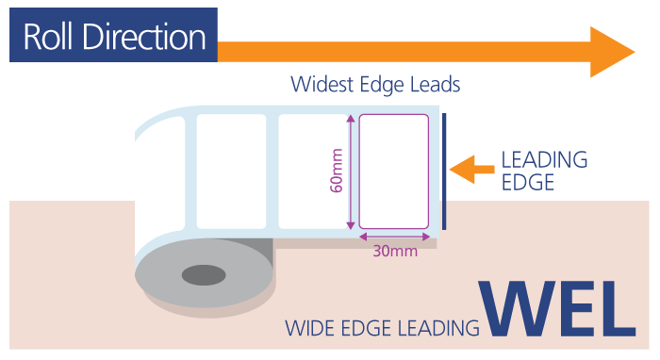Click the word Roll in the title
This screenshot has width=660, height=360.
(50, 38)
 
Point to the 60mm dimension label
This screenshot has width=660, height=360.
(337, 172)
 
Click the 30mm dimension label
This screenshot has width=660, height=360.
(393, 251)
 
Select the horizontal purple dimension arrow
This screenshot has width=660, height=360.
(395, 237)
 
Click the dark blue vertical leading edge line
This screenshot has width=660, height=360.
(444, 172)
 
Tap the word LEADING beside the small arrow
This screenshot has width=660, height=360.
(544, 159)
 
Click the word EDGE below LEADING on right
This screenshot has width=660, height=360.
(527, 183)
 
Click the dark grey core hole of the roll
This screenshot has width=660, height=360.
(204, 275)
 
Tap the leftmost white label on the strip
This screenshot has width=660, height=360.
(218, 170)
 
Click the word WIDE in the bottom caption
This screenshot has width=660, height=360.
(310, 329)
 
